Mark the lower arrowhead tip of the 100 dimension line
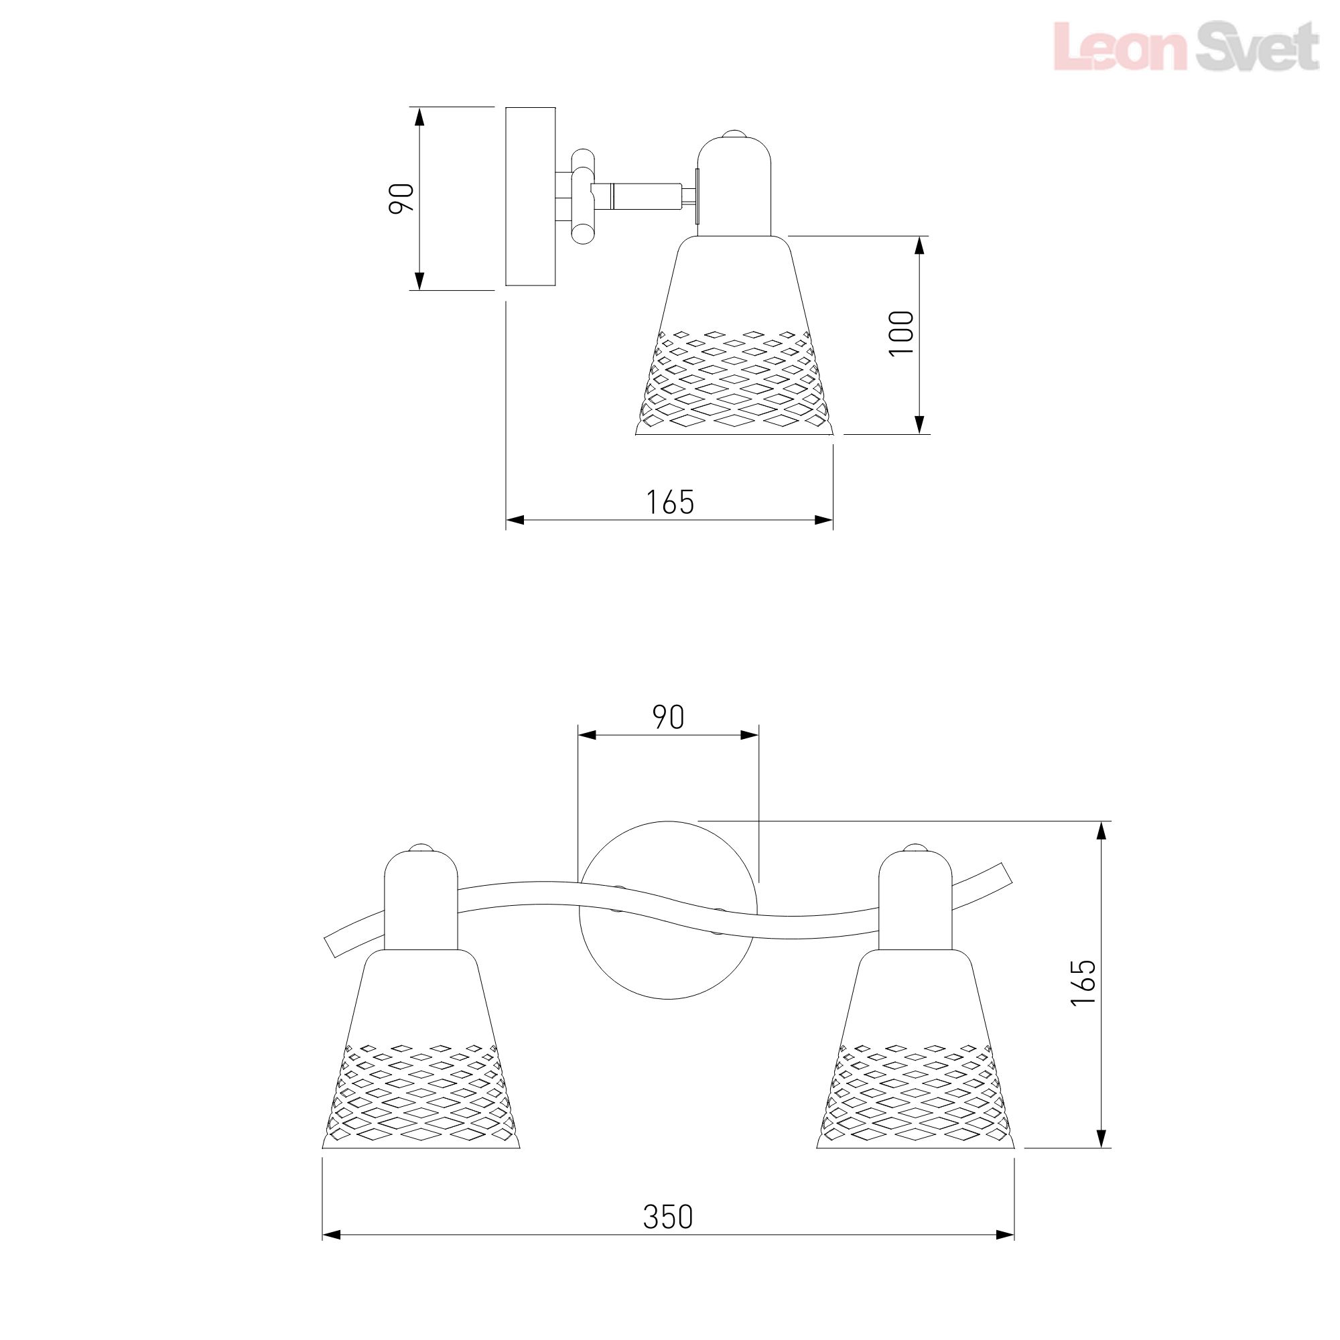[x=920, y=434]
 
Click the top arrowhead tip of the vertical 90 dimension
[x=419, y=107]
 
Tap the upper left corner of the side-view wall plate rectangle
[x=507, y=107]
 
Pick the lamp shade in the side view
[x=734, y=336]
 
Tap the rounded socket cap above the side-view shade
[x=734, y=184]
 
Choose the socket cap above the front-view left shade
[x=421, y=898]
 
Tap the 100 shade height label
[x=902, y=334]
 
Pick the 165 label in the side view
[x=670, y=502]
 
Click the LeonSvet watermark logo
[x=1185, y=46]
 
